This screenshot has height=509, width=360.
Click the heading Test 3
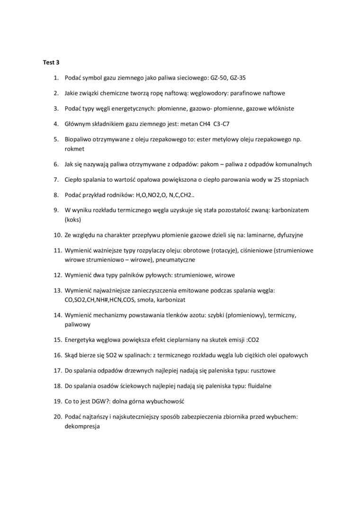(x=51, y=62)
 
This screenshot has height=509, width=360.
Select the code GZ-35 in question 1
(x=241, y=77)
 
